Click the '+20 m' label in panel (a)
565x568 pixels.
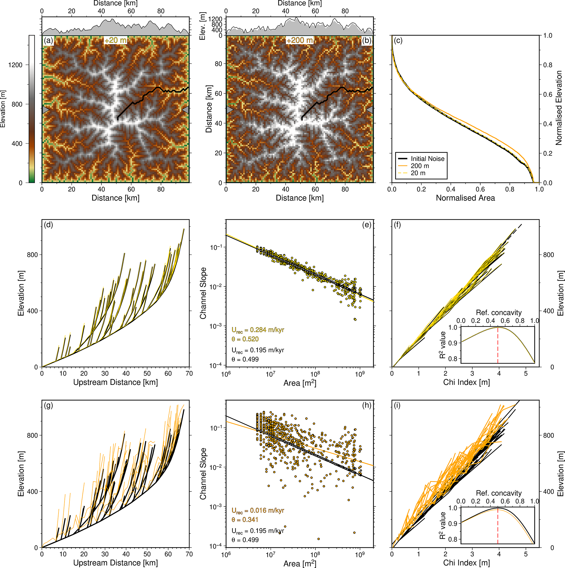point(116,40)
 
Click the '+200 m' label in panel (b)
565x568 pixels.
point(300,40)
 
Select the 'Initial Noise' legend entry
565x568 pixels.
point(428,159)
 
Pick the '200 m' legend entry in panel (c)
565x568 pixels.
point(420,166)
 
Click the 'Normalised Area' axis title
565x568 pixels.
point(465,198)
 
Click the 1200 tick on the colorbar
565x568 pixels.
point(16,65)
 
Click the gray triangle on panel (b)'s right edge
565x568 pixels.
point(370,110)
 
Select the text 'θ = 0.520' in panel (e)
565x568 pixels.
point(245,339)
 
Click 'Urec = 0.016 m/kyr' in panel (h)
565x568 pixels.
point(258,510)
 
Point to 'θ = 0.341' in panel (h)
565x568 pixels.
point(245,520)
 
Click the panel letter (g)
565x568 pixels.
point(48,406)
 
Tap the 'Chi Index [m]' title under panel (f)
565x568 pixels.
point(466,382)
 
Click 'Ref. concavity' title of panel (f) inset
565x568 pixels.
point(499,312)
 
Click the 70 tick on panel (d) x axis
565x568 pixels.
point(189,374)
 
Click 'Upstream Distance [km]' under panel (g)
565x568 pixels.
point(115,563)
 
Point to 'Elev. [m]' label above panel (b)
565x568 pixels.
point(203,26)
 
